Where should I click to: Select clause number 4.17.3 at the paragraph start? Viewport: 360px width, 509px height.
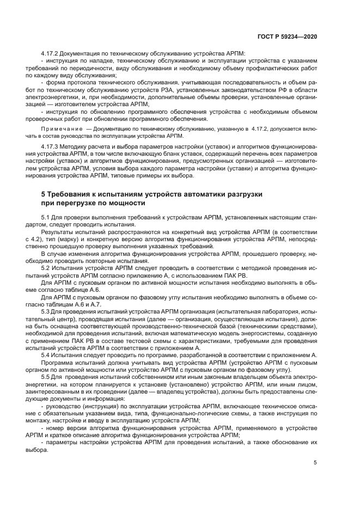52,147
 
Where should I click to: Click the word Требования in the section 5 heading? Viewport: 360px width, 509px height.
72,194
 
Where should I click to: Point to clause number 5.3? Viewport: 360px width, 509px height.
47,310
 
